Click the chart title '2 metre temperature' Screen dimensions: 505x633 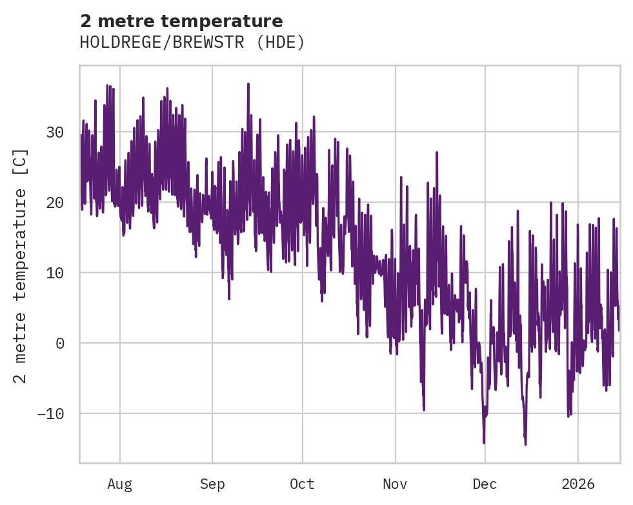click(181, 21)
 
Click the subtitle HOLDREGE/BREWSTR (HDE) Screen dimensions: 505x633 click(192, 43)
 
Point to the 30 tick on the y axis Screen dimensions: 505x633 click(55, 132)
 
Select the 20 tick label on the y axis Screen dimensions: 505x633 click(55, 203)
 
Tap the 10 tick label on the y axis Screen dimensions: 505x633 click(55, 273)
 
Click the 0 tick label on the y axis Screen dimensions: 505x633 click(60, 343)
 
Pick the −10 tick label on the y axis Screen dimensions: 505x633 click(51, 413)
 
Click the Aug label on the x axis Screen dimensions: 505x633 click(120, 484)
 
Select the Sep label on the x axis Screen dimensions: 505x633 click(212, 484)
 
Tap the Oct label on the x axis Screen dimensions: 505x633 click(302, 484)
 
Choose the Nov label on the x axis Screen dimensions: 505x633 click(395, 484)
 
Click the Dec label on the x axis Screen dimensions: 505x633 click(485, 484)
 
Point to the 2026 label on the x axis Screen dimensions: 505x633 click(578, 484)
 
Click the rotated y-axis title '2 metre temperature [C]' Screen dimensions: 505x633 click(21, 266)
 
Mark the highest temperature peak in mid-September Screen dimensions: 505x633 click(248, 84)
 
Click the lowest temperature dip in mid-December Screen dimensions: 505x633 click(525, 444)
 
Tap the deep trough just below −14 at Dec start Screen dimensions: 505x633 click(484, 442)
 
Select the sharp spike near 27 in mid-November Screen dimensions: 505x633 click(437, 153)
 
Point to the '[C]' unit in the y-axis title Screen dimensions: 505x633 click(21, 162)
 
